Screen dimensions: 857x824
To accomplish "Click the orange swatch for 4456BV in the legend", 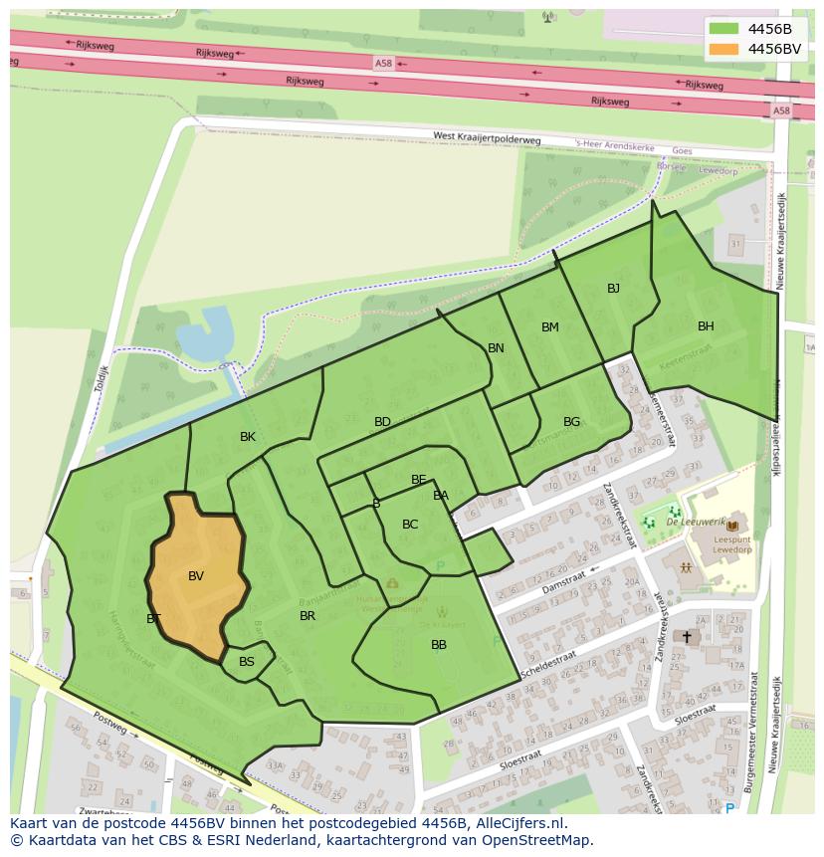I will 724,49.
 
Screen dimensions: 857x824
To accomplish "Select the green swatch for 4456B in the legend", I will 724,29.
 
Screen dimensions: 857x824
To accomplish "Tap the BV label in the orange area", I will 196,576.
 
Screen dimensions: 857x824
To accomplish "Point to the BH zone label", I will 706,326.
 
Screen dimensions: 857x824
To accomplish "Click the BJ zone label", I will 613,289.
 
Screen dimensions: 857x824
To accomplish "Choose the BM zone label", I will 550,327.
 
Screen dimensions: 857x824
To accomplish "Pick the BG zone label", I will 571,422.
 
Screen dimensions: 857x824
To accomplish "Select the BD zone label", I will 382,422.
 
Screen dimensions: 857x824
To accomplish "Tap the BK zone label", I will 248,437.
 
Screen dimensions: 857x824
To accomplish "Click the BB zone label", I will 439,645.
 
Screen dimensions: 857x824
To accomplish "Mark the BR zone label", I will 308,616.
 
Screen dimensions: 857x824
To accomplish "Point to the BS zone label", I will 247,662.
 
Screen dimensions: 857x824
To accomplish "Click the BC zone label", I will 410,525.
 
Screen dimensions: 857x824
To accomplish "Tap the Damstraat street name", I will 564,584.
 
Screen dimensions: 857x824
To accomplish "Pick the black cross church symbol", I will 687,636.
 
